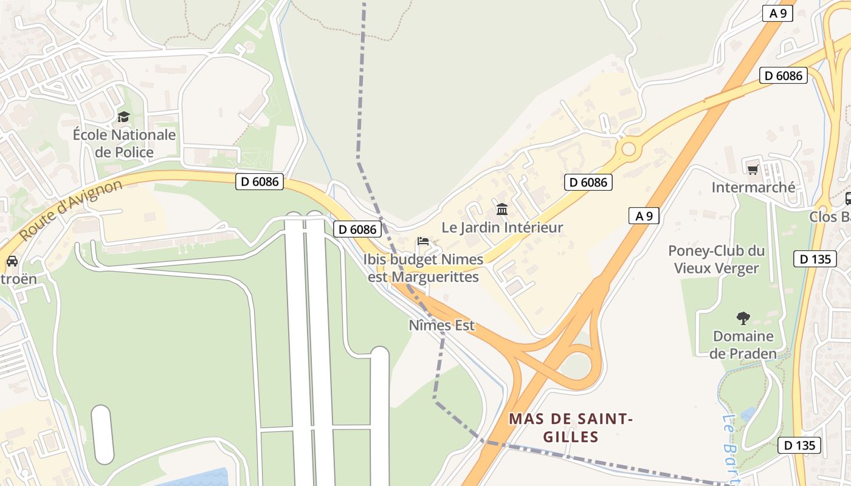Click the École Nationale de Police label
click(x=124, y=143)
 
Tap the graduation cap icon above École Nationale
click(x=124, y=117)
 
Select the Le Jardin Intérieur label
click(x=502, y=228)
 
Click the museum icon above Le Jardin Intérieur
click(x=502, y=210)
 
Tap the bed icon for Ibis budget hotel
click(x=423, y=241)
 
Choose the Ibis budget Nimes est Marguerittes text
click(x=423, y=268)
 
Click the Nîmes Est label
click(x=441, y=326)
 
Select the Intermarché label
click(x=753, y=187)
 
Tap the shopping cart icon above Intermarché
click(x=753, y=169)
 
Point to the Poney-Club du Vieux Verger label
click(x=716, y=259)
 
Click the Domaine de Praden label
click(x=743, y=344)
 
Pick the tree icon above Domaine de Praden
click(x=743, y=318)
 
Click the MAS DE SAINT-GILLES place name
click(x=570, y=428)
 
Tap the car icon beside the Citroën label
click(x=12, y=261)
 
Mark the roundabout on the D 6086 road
click(x=629, y=148)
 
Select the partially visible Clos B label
click(x=830, y=217)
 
